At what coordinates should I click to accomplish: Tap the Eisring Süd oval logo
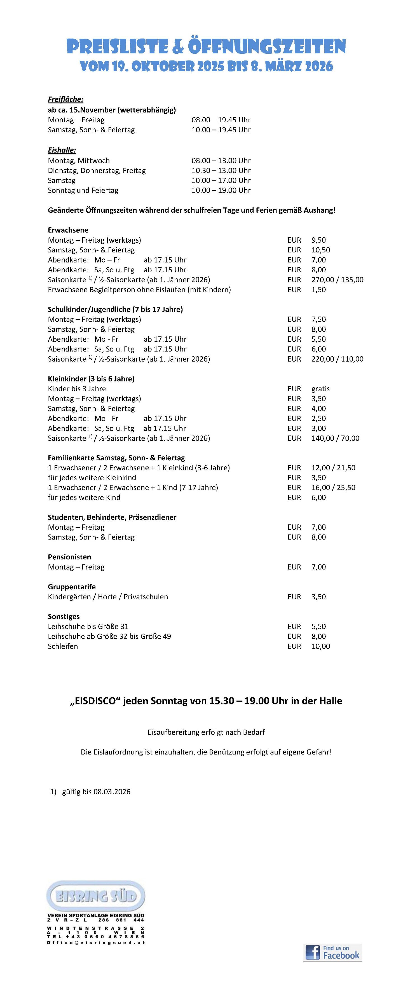(x=96, y=896)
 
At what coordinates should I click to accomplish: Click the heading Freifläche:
(x=66, y=99)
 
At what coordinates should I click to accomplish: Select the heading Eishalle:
(x=62, y=150)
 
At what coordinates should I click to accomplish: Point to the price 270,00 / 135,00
(x=337, y=280)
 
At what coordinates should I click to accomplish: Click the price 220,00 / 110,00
(x=337, y=359)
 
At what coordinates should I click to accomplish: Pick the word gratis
(x=320, y=388)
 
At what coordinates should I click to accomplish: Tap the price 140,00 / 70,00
(x=335, y=438)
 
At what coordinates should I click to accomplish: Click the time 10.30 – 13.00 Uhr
(x=221, y=170)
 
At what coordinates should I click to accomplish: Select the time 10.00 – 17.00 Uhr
(x=221, y=181)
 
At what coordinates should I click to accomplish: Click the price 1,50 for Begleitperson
(x=318, y=289)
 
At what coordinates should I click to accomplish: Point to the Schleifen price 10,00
(x=320, y=646)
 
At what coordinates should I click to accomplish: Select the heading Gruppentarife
(x=72, y=587)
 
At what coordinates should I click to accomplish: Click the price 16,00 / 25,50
(x=333, y=488)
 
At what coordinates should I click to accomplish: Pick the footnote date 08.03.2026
(x=112, y=792)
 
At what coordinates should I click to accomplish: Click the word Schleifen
(x=63, y=646)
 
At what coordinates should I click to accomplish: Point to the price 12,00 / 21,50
(x=333, y=468)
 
